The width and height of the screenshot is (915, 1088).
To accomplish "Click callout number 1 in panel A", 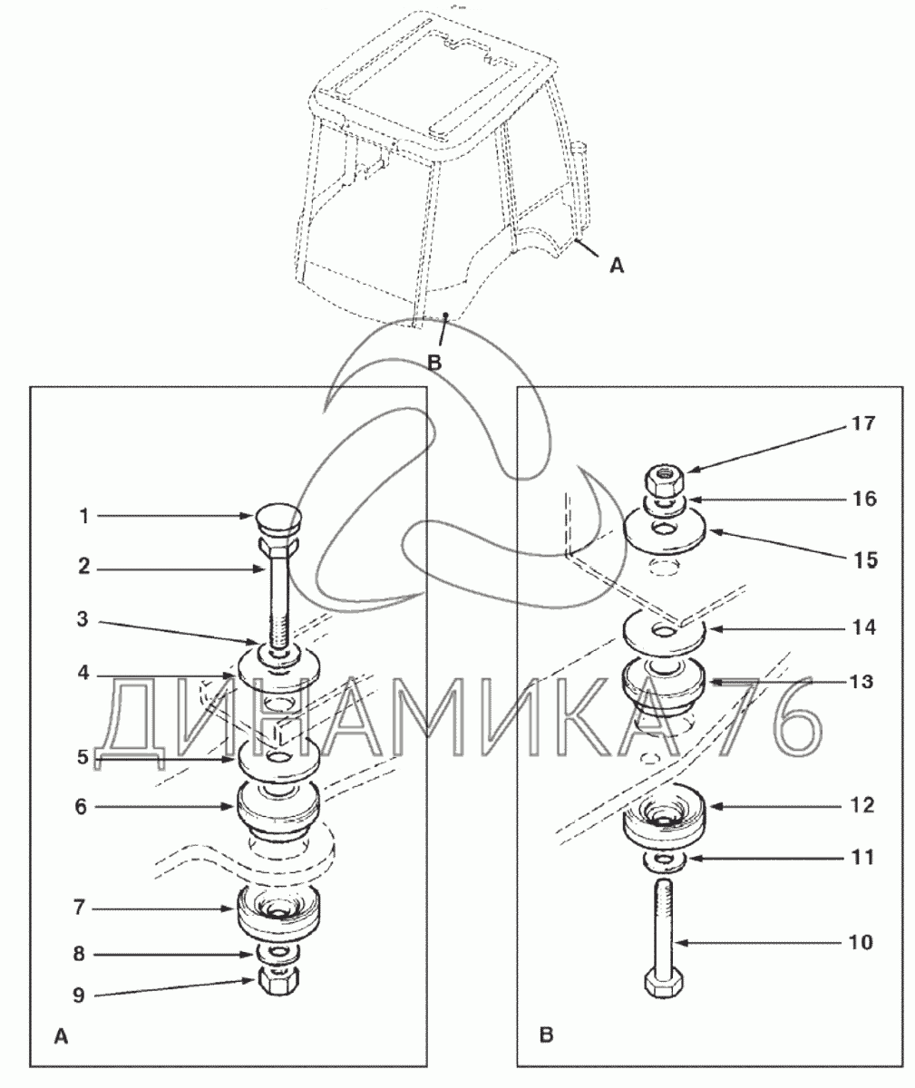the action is click(x=84, y=517).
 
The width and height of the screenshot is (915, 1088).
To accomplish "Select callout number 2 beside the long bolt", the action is click(x=84, y=567).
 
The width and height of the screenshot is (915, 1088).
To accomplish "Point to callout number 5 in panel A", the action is click(x=83, y=756).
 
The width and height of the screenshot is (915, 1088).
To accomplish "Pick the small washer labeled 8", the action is click(x=280, y=953).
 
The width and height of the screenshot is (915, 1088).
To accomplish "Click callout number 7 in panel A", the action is click(x=79, y=908).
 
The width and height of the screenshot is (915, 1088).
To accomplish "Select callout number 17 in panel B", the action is click(x=863, y=423).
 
